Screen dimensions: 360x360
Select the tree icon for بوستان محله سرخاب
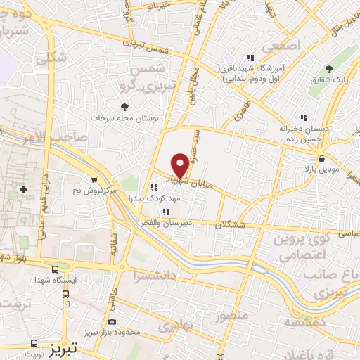point(125,106)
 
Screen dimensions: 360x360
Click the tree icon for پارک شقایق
point(329,68)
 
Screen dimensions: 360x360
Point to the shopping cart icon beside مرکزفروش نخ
point(94,180)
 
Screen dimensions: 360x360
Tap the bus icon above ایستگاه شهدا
point(55,269)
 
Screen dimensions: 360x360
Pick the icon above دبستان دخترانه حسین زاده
point(304,117)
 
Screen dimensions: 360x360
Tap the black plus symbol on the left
point(24,189)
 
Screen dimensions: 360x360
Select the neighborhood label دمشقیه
point(304,321)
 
